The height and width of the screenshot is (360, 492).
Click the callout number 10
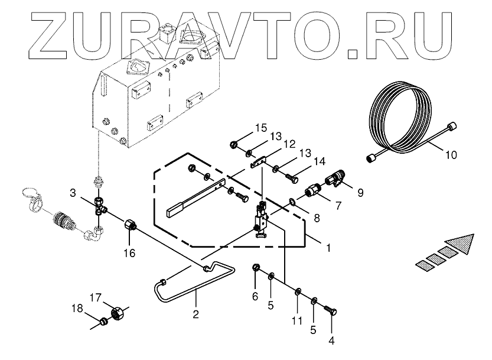[451, 156]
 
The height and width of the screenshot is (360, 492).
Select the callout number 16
[129, 253]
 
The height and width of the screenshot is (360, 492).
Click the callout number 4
[331, 341]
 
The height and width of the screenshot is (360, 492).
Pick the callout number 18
[77, 309]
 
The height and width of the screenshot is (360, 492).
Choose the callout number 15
[261, 128]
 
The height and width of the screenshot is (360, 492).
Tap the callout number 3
[73, 193]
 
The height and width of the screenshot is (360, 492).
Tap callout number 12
[289, 144]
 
